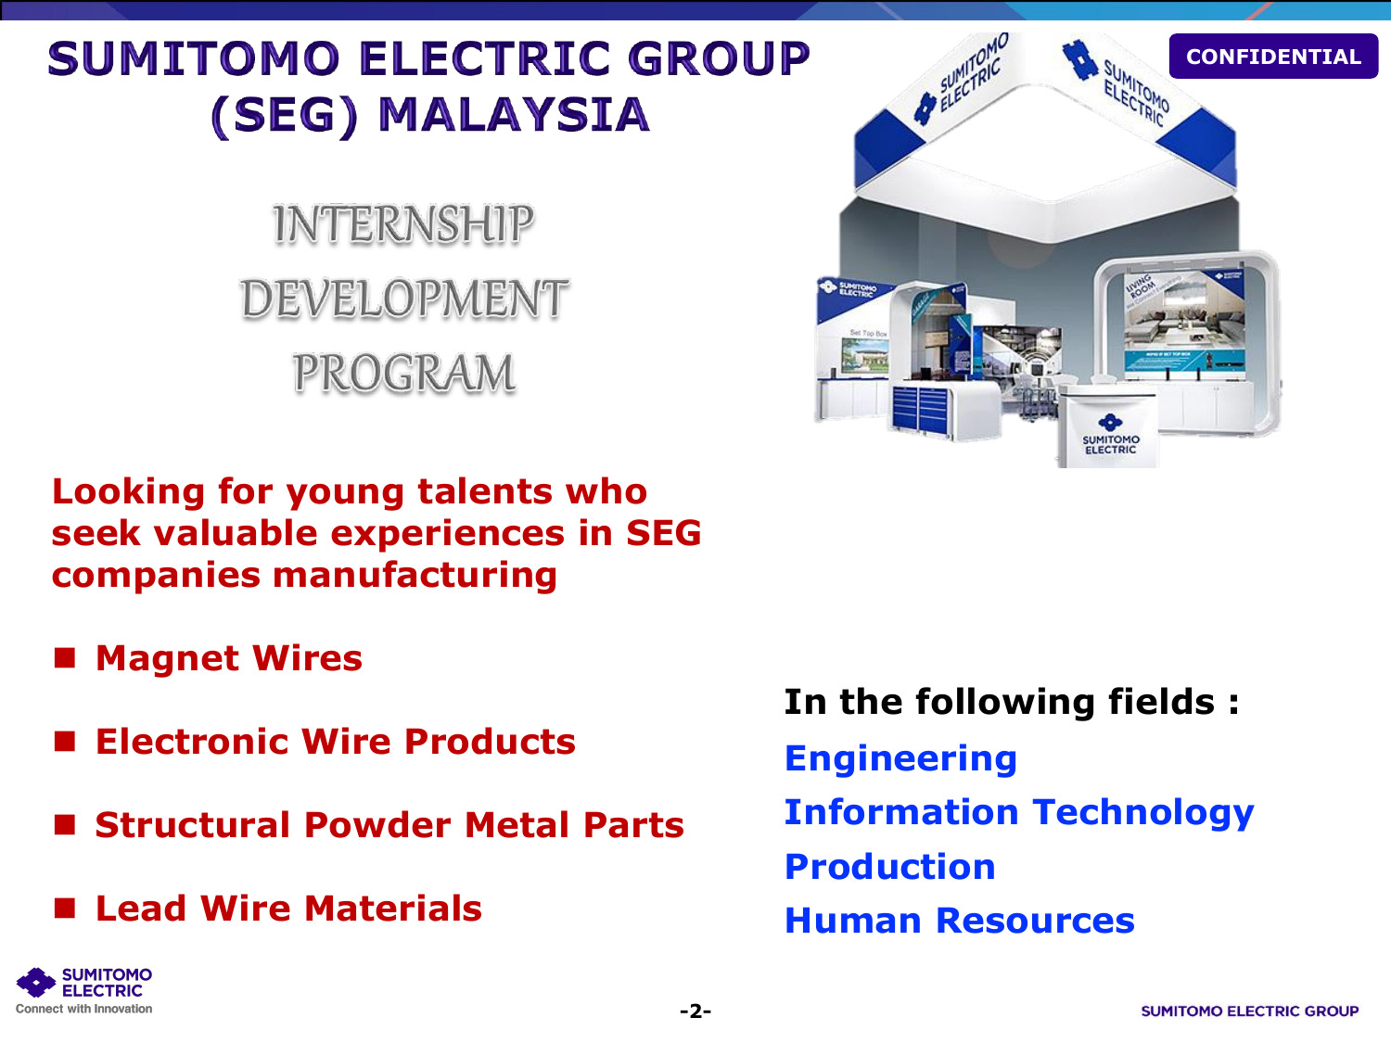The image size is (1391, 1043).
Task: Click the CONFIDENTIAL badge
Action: (x=1273, y=57)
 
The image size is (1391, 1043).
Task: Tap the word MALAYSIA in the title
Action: (x=514, y=115)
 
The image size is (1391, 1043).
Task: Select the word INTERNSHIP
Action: (x=403, y=224)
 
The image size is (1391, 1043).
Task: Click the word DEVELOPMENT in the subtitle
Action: (x=403, y=299)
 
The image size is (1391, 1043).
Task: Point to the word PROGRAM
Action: (x=403, y=373)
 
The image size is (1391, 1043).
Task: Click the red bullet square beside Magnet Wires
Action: (x=65, y=658)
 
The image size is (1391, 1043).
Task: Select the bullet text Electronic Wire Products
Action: (x=336, y=742)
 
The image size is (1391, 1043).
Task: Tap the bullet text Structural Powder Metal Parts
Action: (x=389, y=825)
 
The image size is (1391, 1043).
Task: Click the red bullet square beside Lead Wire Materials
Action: (x=65, y=909)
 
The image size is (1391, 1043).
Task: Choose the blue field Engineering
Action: (x=900, y=759)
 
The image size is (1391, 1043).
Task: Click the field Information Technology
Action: (x=1019, y=813)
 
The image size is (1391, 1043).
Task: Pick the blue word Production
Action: (x=889, y=867)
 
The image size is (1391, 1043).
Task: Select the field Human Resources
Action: (x=960, y=921)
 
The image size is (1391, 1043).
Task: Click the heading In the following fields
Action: (x=1012, y=702)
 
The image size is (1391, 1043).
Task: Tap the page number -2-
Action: (x=695, y=1011)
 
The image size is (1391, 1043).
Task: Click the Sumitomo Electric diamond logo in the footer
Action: (x=36, y=982)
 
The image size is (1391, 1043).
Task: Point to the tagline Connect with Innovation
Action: (x=83, y=1009)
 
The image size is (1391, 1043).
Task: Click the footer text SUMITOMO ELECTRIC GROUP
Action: (x=1250, y=1011)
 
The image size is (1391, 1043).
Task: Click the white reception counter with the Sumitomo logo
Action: (x=1109, y=428)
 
